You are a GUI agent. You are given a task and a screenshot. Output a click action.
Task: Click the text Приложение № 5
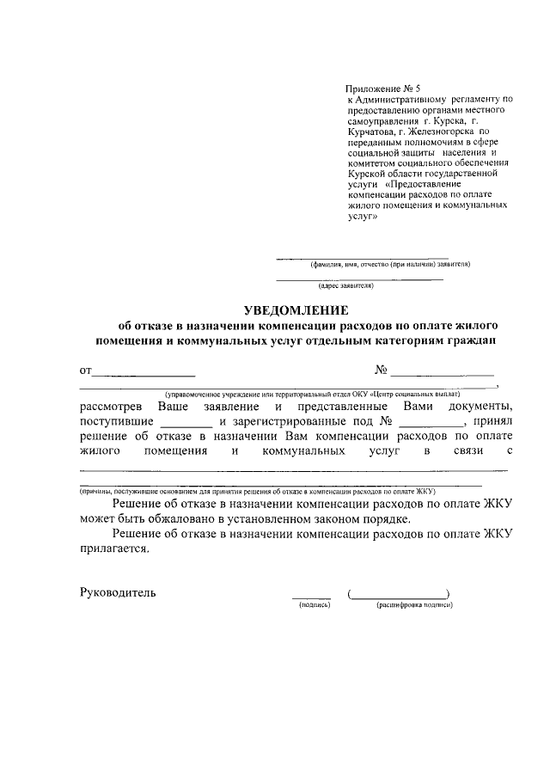384,88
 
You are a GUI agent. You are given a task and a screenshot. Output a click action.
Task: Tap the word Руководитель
118,592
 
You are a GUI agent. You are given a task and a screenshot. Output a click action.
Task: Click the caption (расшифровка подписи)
414,605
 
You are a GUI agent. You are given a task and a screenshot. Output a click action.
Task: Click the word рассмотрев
113,405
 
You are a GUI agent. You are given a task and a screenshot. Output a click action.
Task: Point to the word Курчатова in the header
371,132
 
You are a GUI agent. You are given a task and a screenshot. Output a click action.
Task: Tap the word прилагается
119,552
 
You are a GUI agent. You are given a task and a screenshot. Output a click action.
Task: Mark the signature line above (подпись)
311,597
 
